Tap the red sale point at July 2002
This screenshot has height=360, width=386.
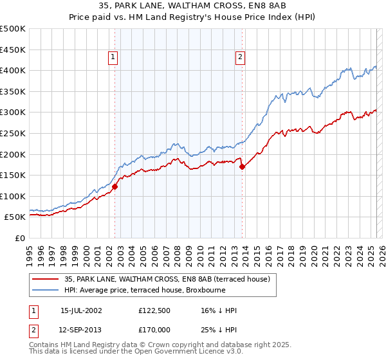(x=115, y=186)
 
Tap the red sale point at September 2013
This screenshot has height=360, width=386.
(x=242, y=166)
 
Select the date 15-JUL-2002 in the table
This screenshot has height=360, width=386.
(x=81, y=310)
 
